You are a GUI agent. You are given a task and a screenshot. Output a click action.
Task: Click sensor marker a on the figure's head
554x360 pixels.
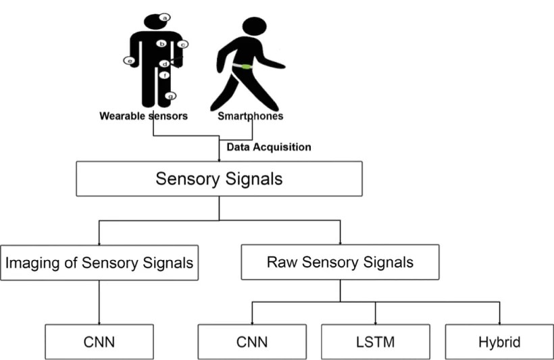(166, 17)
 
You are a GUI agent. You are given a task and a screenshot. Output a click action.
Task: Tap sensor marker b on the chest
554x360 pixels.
(161, 43)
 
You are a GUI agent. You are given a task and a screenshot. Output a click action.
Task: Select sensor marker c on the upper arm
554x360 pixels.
(183, 44)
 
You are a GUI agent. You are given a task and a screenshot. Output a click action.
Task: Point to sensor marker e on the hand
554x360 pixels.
(128, 61)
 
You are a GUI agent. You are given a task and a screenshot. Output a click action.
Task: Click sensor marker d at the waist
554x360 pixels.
(164, 63)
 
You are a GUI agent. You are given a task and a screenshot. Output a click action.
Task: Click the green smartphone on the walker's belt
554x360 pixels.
(241, 66)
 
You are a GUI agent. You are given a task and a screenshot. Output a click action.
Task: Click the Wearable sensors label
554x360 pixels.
(143, 116)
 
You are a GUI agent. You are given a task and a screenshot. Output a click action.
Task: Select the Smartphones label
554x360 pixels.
(250, 116)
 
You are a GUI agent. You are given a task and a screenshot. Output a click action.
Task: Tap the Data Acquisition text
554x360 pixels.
(268, 147)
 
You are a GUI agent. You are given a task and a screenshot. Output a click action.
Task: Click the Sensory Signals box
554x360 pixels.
(219, 179)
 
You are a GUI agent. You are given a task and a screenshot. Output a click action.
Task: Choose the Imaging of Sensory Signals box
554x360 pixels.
(99, 263)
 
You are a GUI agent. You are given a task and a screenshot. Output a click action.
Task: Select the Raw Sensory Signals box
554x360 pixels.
(340, 263)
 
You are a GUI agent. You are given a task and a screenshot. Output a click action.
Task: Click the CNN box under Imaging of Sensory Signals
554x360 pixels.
(99, 342)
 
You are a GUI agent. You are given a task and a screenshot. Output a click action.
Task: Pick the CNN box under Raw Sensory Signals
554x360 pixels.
(252, 342)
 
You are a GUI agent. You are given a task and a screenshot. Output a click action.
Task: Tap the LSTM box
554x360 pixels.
(375, 342)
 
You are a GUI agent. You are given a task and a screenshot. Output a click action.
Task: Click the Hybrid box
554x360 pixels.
(499, 342)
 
